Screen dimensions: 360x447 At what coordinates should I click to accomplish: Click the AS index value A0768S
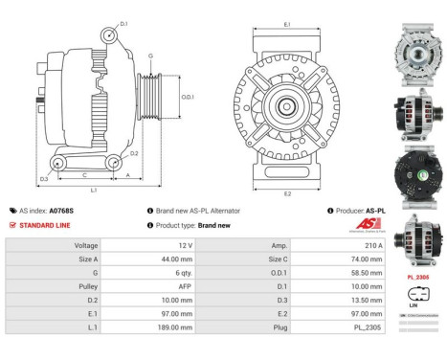click(x=61, y=210)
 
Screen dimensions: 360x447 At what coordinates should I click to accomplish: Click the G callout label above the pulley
click(x=150, y=56)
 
